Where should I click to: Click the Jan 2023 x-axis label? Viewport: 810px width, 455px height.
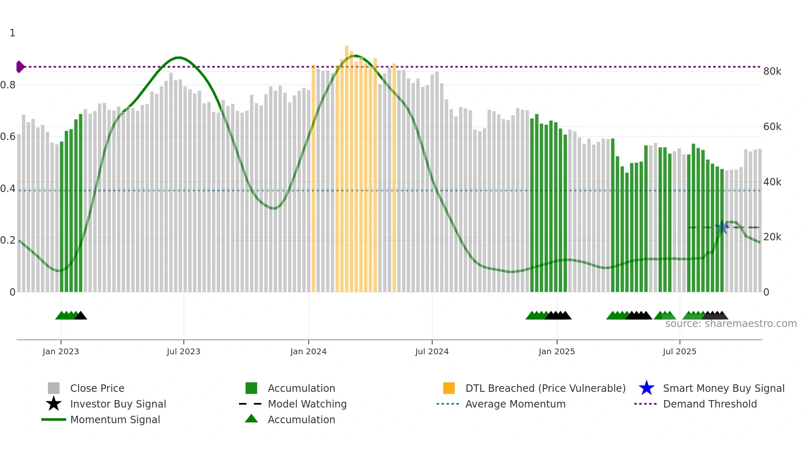point(60,352)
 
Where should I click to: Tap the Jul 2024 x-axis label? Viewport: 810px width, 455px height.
point(432,352)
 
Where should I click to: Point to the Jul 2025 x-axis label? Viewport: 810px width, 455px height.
point(679,352)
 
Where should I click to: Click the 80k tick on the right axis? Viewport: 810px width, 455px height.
point(772,71)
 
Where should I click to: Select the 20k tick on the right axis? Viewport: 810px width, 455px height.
point(772,237)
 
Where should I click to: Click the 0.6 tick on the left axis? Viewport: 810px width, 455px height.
point(8,137)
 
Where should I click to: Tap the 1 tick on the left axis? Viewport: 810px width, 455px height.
point(12,33)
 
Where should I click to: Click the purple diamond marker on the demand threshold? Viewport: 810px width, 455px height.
point(20,66)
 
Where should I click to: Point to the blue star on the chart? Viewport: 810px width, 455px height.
point(722,227)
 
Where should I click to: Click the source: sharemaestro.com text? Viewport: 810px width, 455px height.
point(731,324)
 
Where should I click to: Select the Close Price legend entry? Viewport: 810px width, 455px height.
point(97,388)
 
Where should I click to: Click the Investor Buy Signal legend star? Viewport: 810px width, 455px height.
point(54,404)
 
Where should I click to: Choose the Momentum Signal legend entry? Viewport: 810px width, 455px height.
point(115,419)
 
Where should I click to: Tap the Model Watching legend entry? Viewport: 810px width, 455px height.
point(307,404)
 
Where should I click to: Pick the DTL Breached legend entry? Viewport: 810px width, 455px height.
point(545,388)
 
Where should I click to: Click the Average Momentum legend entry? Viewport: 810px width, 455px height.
point(515,404)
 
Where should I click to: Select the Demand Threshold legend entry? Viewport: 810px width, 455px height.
point(710,404)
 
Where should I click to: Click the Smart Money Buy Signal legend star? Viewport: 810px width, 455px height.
point(646,388)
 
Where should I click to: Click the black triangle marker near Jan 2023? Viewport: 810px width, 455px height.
point(81,316)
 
